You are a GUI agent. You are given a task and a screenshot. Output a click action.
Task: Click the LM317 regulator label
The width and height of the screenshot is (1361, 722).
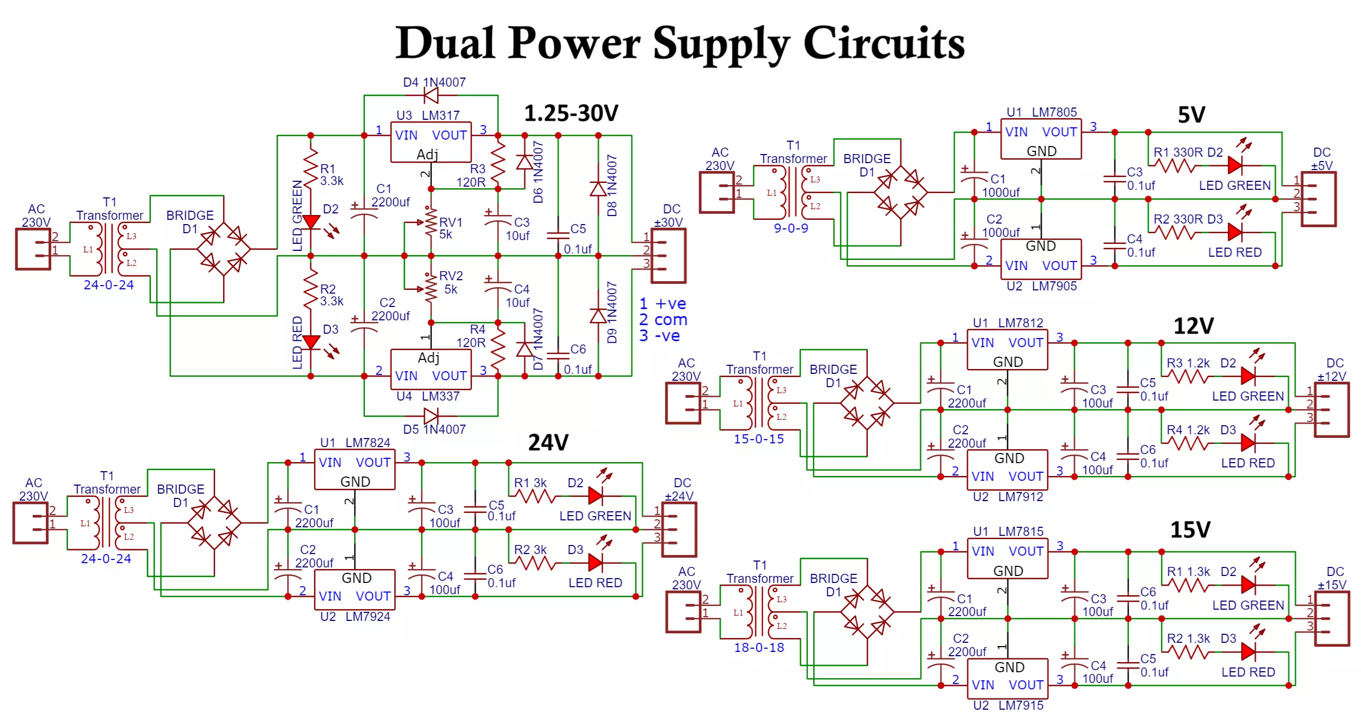(440, 115)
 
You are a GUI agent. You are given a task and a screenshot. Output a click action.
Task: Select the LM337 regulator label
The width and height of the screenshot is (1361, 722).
(440, 396)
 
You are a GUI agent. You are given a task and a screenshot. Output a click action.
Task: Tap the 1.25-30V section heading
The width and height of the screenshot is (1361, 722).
(571, 113)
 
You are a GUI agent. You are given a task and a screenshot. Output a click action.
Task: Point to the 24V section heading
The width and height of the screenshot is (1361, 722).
(548, 442)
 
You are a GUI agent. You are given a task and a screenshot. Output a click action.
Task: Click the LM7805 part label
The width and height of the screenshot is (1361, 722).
(1054, 112)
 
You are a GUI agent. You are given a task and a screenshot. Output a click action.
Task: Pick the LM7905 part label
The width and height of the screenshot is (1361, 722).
(1054, 286)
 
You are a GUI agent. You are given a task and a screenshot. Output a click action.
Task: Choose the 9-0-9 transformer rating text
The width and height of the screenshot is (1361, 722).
(791, 228)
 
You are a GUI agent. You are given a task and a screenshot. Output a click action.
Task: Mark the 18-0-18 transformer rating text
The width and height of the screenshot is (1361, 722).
(759, 648)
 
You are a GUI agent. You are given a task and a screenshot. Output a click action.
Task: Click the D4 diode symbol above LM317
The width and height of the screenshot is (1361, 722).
(431, 96)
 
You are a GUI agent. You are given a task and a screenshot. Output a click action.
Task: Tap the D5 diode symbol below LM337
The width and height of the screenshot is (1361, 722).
(431, 416)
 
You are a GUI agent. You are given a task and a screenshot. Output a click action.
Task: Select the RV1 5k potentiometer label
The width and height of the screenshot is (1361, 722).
(450, 228)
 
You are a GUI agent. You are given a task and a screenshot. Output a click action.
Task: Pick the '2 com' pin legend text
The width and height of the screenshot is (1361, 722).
(663, 320)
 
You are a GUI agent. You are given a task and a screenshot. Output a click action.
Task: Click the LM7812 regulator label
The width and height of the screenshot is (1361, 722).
(1020, 323)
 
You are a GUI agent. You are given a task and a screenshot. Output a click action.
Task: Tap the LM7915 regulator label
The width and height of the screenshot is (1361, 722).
(1021, 705)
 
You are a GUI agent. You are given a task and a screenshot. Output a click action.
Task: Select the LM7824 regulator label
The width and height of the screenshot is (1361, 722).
(368, 443)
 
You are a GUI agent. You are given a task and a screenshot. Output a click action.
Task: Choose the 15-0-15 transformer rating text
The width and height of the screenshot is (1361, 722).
(759, 439)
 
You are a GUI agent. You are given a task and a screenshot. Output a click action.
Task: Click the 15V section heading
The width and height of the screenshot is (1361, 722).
(1190, 530)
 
